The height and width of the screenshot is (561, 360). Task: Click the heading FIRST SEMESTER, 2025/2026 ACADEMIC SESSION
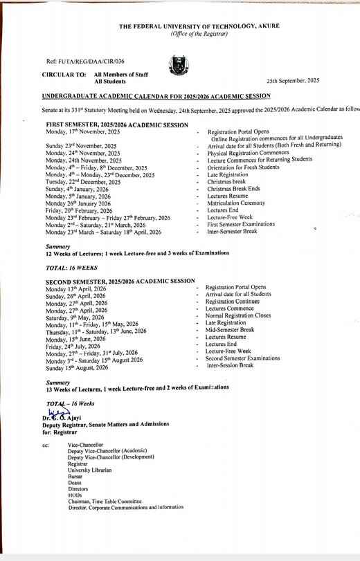click(117, 125)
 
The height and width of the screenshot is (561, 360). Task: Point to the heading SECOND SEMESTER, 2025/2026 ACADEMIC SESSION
click(120, 282)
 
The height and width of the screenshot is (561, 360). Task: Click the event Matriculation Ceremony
click(236, 203)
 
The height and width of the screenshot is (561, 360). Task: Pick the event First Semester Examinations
click(240, 225)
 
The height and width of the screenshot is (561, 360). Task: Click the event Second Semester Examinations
click(242, 359)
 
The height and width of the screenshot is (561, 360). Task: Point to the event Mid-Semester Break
click(230, 330)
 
